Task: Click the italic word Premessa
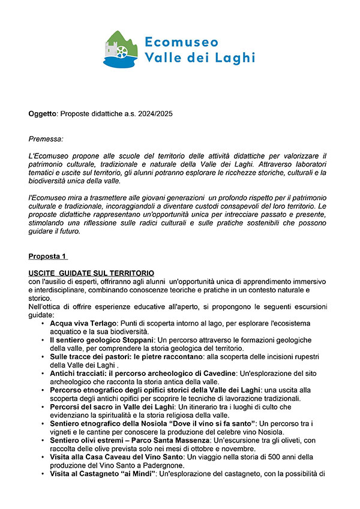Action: coord(46,139)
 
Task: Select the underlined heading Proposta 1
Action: coord(47,256)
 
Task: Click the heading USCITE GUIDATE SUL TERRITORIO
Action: coord(91,273)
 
